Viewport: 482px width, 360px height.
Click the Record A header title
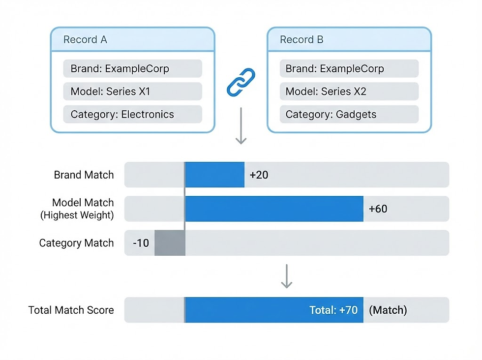[85, 40]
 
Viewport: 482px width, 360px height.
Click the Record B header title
[301, 40]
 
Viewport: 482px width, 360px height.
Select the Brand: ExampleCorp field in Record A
[132, 69]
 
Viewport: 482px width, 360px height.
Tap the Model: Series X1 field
[132, 91]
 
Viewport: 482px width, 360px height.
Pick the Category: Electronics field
[132, 115]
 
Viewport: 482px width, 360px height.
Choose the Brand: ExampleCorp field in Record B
[349, 69]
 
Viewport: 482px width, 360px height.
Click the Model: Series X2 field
[349, 91]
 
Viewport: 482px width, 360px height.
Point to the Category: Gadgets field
[349, 115]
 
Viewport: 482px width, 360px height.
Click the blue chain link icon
[241, 82]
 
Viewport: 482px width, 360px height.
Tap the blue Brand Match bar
[214, 175]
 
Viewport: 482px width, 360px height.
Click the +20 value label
[259, 175]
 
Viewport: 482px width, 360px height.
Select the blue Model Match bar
[274, 209]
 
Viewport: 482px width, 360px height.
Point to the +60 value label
[378, 209]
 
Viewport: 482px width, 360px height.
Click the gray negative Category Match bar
[170, 243]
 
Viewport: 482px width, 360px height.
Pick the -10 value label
[141, 243]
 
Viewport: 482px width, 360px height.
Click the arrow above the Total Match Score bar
[286, 276]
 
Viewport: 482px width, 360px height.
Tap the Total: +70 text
[333, 310]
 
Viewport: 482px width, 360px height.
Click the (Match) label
[388, 310]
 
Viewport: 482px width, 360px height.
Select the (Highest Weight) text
[77, 215]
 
